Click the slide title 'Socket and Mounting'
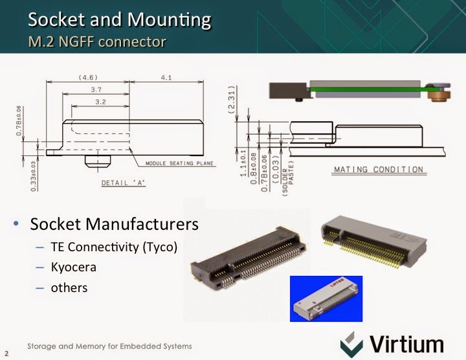click(x=120, y=19)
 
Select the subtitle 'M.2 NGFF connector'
click(x=97, y=41)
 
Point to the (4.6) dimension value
click(x=88, y=78)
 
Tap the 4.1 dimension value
click(x=166, y=78)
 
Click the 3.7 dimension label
click(x=96, y=89)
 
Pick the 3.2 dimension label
click(x=100, y=102)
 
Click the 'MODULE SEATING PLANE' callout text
click(x=179, y=163)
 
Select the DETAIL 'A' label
click(x=124, y=183)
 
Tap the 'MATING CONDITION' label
click(x=379, y=170)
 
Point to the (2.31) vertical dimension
click(x=232, y=100)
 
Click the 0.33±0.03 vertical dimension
click(x=33, y=176)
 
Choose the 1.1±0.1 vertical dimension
click(x=243, y=163)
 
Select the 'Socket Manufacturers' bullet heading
click(x=114, y=224)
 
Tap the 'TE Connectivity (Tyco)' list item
click(x=114, y=247)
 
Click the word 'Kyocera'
click(x=74, y=267)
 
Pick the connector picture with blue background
click(x=326, y=298)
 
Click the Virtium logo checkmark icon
click(x=351, y=345)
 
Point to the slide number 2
click(x=6, y=354)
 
